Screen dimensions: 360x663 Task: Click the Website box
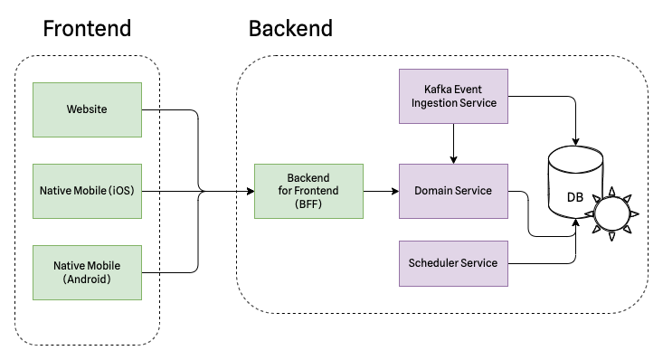click(x=87, y=109)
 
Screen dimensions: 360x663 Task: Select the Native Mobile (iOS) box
click(x=87, y=191)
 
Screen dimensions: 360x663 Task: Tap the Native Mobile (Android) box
click(x=87, y=272)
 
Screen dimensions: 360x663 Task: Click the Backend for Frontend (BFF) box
click(x=308, y=191)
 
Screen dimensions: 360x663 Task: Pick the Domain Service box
click(x=452, y=191)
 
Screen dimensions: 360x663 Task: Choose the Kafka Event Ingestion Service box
click(x=453, y=96)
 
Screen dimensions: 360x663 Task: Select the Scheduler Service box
click(x=452, y=263)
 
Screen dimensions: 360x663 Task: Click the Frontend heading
click(x=87, y=28)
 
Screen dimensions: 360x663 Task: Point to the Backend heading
click(x=290, y=28)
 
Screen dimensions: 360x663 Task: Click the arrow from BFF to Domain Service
click(x=380, y=191)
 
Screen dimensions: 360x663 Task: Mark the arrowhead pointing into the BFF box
click(x=249, y=191)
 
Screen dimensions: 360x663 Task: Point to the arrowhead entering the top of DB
click(x=575, y=143)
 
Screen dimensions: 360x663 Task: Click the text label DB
click(x=574, y=197)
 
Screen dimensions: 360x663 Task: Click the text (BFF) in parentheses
click(x=308, y=204)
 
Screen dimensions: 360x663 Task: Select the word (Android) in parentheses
click(x=87, y=279)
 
